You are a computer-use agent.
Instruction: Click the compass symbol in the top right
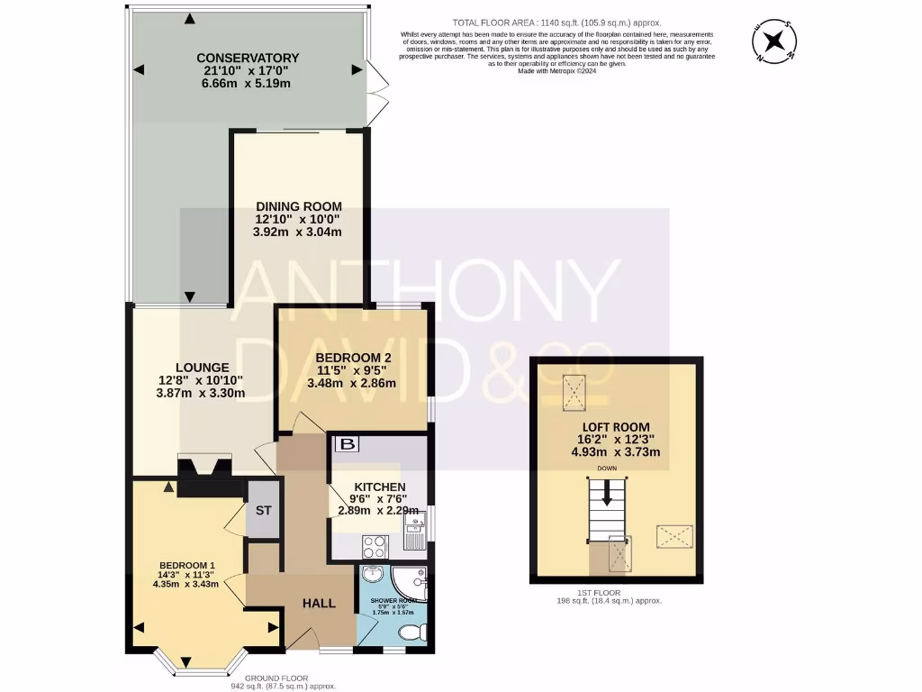[774, 42]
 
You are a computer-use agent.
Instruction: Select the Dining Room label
[297, 205]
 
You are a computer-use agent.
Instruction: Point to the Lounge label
[202, 368]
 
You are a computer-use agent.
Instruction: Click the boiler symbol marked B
[346, 444]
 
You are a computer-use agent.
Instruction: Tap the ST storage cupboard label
[263, 510]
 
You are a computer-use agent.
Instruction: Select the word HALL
[319, 603]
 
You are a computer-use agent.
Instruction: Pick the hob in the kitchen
[374, 546]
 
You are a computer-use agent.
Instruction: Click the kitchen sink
[415, 539]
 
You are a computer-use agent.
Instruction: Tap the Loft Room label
[617, 427]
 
